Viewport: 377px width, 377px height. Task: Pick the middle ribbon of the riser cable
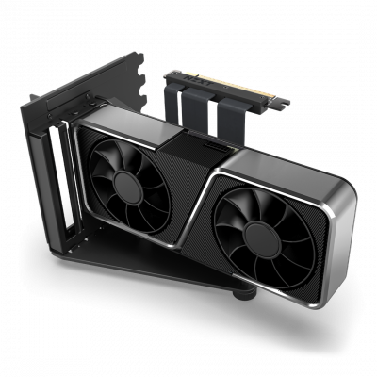coord(199,105)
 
